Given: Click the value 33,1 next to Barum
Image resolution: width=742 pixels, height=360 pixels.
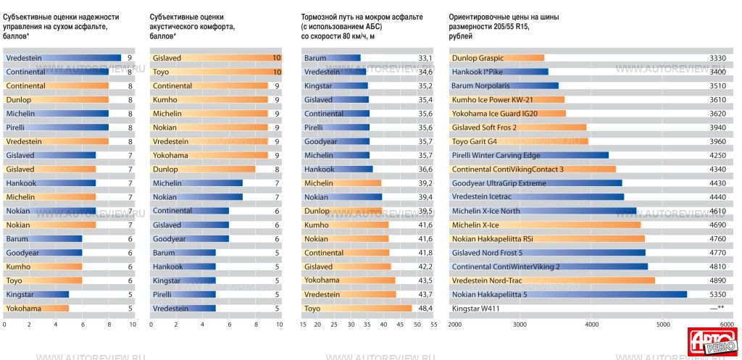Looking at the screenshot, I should (425, 58).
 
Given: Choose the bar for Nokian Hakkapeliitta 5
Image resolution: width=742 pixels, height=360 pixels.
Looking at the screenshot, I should (569, 294).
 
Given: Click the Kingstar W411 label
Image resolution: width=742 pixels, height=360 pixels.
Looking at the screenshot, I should (475, 308).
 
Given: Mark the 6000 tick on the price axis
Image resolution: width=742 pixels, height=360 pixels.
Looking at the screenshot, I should (727, 324).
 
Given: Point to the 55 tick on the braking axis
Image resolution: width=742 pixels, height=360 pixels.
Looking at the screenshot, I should (433, 324).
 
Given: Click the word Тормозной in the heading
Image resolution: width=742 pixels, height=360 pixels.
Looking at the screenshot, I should (321, 16).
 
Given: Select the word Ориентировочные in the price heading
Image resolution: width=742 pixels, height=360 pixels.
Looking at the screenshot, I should (480, 16).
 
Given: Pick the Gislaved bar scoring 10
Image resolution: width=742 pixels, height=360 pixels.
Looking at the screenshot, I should (216, 58).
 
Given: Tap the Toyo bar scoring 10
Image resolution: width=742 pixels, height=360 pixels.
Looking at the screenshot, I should (216, 72).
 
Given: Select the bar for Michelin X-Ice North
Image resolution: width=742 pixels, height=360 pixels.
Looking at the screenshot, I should (543, 211).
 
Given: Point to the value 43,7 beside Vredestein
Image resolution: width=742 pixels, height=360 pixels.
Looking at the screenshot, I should (425, 294).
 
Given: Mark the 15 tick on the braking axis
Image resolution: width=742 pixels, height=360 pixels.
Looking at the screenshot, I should (303, 324).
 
